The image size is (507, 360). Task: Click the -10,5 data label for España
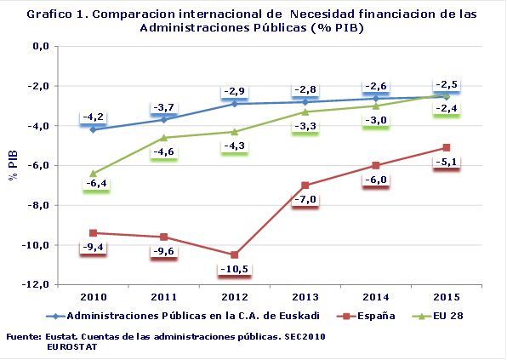pos(235,270)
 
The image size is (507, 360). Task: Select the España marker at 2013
pos(306,186)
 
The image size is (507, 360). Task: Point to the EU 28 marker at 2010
pos(93,174)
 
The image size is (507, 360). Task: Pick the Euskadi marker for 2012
pos(235,103)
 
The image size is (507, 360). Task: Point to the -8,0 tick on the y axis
pos(37,205)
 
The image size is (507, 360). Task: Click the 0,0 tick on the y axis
pos(40,46)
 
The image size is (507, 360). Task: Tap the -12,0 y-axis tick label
pos(35,284)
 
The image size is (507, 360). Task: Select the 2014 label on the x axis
pos(376,296)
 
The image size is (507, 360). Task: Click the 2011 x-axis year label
pos(163,296)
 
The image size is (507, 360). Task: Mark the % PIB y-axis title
pos(12,164)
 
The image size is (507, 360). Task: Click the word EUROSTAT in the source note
pos(71,346)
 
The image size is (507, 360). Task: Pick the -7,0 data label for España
pos(306,199)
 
